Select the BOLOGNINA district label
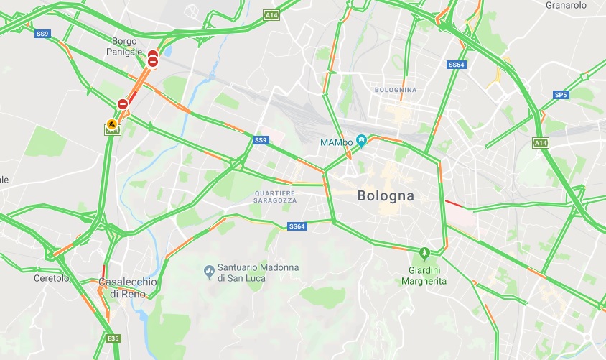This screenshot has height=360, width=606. coord(395,90)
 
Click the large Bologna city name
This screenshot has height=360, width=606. coord(386,195)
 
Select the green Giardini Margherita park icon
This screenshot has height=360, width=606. coord(424,253)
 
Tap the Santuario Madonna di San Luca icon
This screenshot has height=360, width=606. coord(209,272)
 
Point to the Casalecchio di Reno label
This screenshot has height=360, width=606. coord(127,288)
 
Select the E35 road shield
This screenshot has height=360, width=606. coord(113,338)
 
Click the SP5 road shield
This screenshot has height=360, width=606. coord(561,94)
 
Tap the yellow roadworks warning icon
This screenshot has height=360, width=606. coord(112,124)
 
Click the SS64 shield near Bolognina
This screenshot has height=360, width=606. coord(457,65)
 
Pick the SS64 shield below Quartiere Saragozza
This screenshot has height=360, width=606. coord(297,226)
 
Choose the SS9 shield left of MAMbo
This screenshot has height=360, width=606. coord(260,139)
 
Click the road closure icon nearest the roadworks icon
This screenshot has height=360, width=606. coord(123,105)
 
